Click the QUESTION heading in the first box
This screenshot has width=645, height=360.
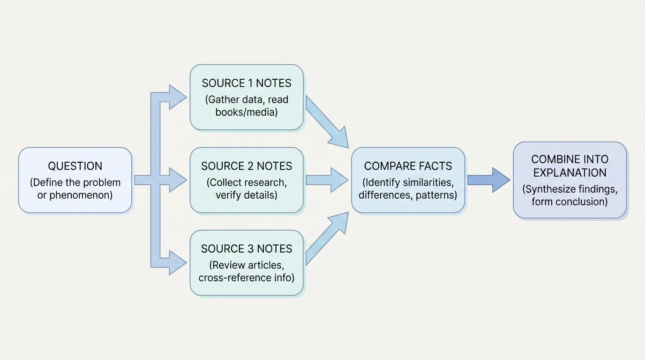point(75,166)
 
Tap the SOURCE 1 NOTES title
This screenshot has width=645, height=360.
point(247,83)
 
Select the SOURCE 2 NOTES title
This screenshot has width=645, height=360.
point(247,166)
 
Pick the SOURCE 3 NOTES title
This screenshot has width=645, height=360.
point(247,249)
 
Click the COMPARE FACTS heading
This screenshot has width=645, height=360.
point(408,166)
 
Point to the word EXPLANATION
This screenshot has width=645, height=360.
point(570,172)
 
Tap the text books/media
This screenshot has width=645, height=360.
point(247,112)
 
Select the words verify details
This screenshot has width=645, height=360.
point(247,195)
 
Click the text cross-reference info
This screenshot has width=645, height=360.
point(247,277)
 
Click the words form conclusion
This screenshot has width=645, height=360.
point(570,202)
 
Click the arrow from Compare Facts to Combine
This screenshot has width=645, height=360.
point(487,180)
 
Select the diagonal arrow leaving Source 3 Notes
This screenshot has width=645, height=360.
point(327,238)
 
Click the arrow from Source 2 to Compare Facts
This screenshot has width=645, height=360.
point(326,180)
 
